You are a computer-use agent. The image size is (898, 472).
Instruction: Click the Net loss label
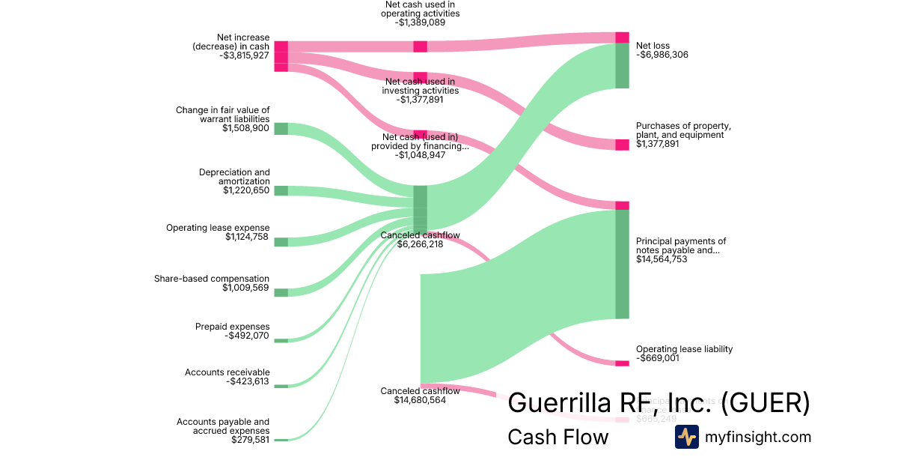click(x=653, y=46)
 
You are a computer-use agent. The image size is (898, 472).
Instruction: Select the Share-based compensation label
click(x=212, y=279)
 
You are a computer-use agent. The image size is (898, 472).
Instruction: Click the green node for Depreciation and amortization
click(x=281, y=190)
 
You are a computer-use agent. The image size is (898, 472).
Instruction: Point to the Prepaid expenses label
click(x=232, y=327)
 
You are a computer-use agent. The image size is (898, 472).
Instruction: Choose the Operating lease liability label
click(x=684, y=349)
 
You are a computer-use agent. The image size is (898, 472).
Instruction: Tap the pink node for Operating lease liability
click(x=622, y=363)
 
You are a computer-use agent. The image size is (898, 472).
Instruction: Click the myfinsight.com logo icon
click(x=686, y=437)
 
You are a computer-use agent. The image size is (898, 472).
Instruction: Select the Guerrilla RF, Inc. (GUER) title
click(x=659, y=403)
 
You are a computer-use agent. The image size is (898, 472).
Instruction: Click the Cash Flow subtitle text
click(x=558, y=437)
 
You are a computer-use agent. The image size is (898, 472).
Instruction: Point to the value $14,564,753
click(x=662, y=259)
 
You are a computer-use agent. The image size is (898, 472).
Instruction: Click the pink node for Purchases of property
click(x=622, y=145)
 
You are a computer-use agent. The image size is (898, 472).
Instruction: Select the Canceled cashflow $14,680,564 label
click(x=420, y=396)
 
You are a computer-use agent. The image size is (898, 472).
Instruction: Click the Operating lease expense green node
click(x=281, y=242)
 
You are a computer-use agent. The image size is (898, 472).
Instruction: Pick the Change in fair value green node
click(x=281, y=128)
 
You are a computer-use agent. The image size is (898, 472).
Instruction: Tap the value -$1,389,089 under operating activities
click(x=420, y=22)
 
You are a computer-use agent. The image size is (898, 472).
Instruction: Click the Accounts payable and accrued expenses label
click(x=223, y=426)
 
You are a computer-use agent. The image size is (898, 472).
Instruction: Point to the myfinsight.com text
click(x=758, y=437)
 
